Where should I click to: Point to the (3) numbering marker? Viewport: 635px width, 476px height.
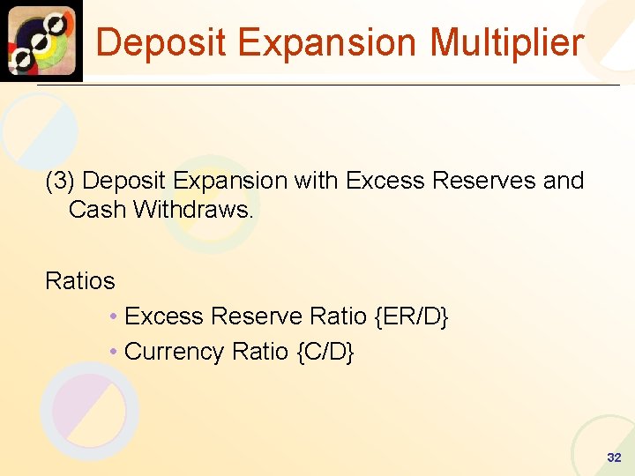coord(61,181)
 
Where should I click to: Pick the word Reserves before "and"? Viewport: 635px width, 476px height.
coord(489,181)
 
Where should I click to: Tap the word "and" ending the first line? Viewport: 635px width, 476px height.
coord(564,181)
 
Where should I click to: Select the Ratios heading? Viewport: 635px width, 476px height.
coord(80,281)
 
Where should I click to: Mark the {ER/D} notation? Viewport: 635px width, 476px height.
coord(412,316)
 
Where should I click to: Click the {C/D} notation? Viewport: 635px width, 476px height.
coord(326,352)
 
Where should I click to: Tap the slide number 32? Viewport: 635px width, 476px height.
coord(614,457)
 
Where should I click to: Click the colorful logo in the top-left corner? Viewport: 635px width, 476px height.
coord(41,41)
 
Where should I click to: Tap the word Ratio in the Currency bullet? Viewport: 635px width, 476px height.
coord(260,352)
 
